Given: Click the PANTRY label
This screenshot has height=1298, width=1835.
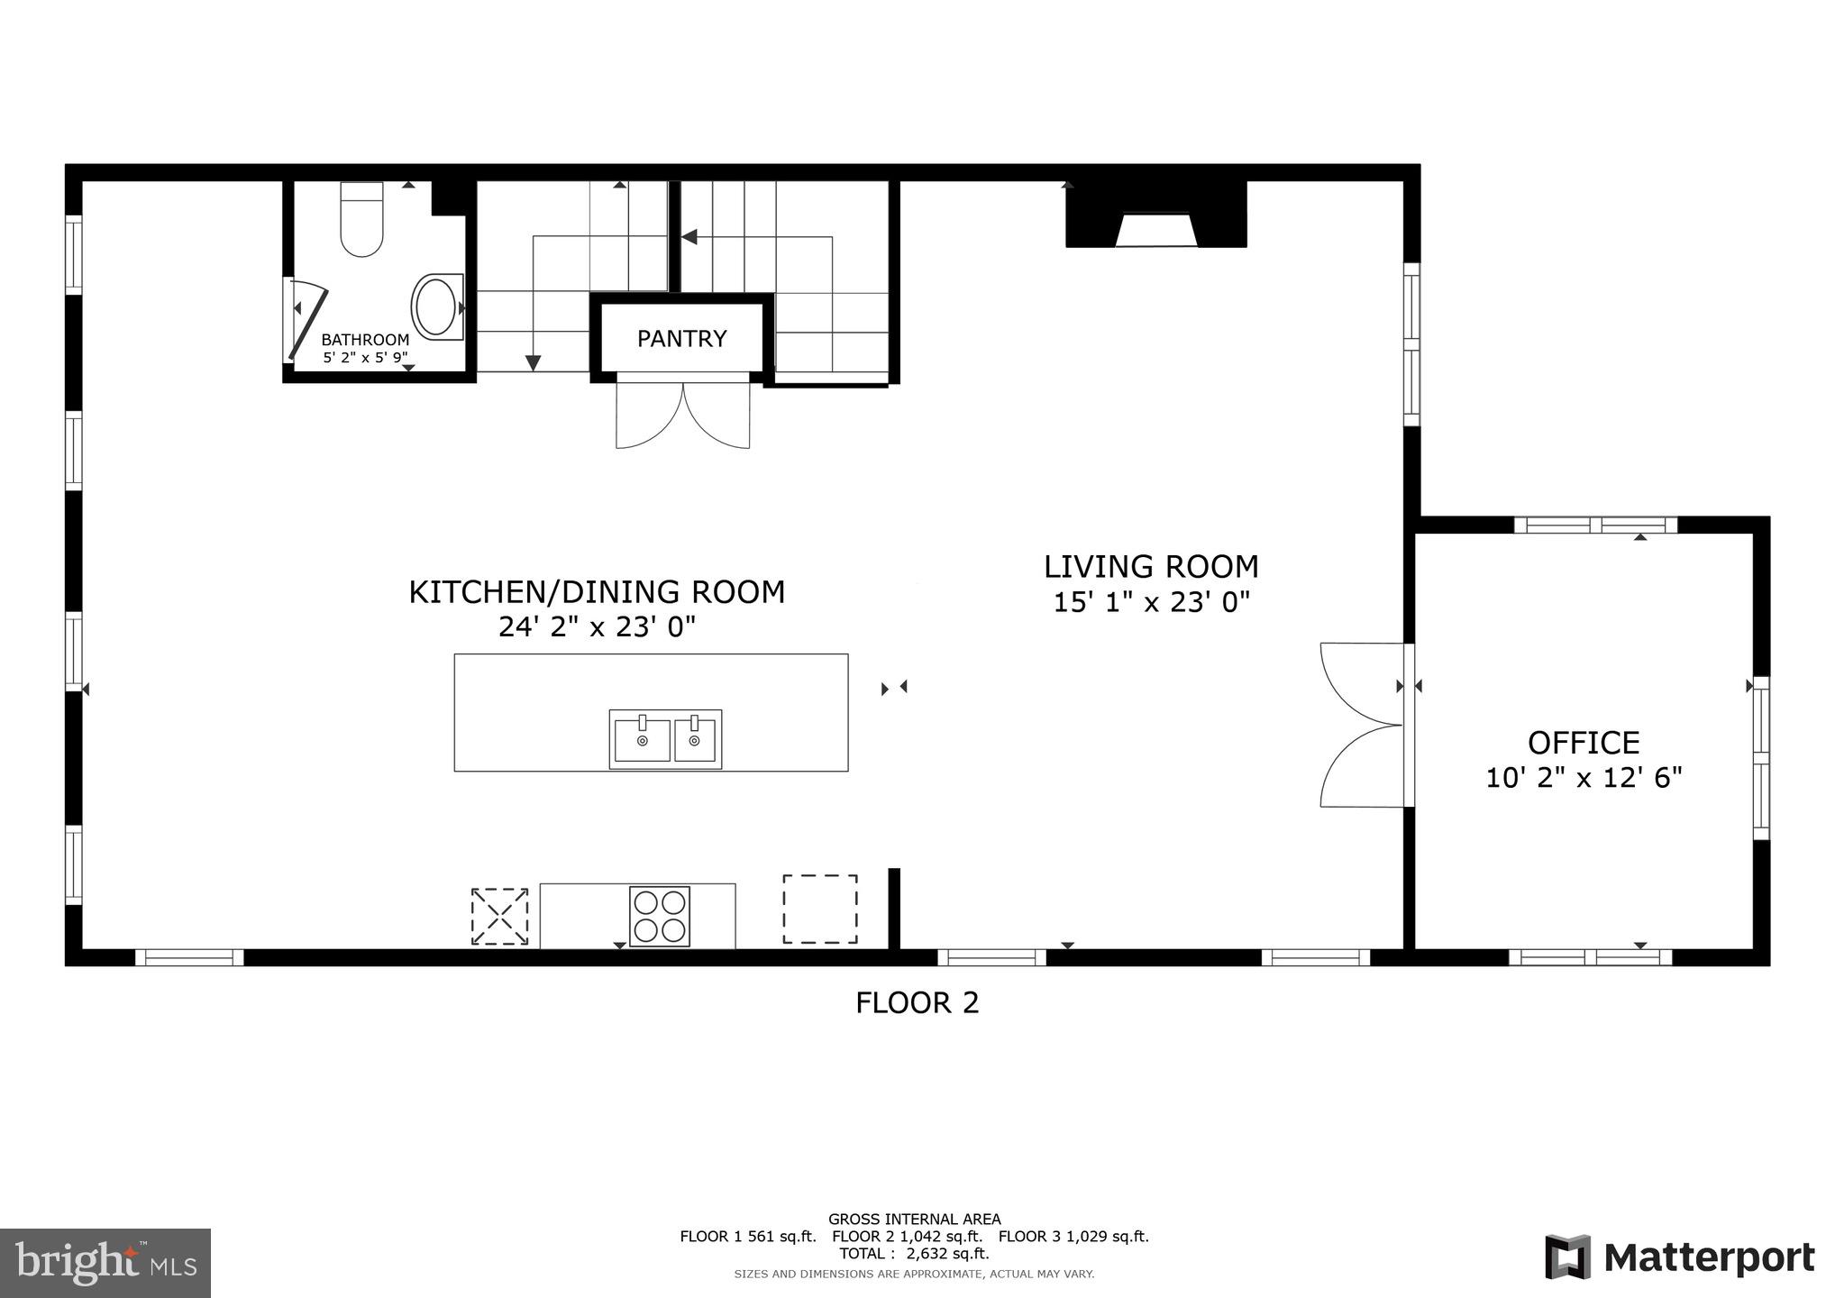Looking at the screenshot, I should (681, 339).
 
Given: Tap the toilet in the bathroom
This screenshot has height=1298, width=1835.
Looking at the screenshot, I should (361, 219).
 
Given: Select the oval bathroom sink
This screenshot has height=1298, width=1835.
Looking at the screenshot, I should (437, 307).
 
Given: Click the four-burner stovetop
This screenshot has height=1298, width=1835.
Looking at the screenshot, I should (660, 917).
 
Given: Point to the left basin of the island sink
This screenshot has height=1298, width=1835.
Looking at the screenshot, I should (642, 740).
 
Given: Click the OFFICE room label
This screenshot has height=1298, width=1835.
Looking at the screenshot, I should (1584, 743).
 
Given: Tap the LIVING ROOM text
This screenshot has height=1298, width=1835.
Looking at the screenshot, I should (1151, 567).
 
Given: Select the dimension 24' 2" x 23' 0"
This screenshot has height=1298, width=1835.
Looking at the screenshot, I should (598, 627).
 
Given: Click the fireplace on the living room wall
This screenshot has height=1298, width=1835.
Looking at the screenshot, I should (1156, 215).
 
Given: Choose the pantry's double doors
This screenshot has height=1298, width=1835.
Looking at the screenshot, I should (682, 416).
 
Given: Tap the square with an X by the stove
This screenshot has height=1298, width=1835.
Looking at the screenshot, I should (499, 917).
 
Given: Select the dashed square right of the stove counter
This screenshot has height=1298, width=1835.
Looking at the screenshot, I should (819, 909).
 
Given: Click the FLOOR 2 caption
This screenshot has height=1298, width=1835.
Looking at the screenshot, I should (917, 1002).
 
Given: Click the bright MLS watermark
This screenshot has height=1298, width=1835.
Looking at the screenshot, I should (105, 1263).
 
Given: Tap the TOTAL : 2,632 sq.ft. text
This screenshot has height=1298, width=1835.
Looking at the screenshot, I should (914, 1253).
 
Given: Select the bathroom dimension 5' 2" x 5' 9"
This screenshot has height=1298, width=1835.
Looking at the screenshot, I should (365, 358).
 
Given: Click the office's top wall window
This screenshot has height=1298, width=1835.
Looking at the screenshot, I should (1594, 525).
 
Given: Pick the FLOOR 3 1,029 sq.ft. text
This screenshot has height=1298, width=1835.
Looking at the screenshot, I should (1073, 1237).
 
